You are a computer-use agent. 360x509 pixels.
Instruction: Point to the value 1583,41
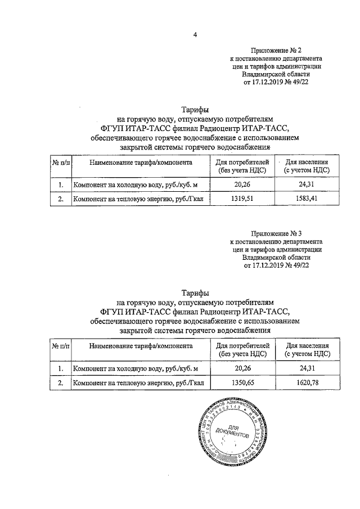(x=306, y=199)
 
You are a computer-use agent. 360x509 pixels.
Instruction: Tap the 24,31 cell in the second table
(x=306, y=368)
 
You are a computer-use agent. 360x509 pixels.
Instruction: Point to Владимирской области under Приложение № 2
(x=276, y=74)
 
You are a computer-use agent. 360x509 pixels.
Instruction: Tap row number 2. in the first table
(x=61, y=199)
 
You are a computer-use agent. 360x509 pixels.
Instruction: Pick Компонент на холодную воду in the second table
(x=115, y=368)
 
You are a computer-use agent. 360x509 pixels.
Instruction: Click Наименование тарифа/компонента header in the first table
(x=141, y=162)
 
